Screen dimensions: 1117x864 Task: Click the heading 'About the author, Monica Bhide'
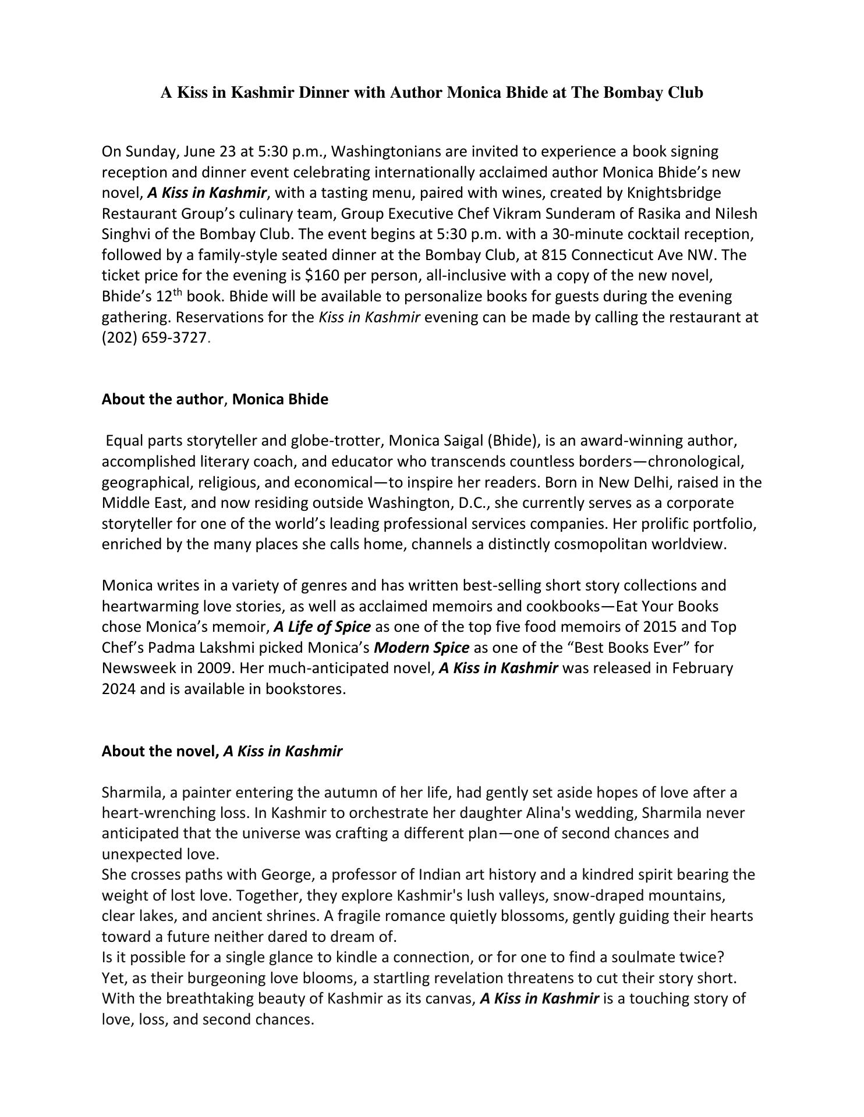coord(215,400)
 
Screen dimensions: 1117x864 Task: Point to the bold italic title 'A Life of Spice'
coord(322,627)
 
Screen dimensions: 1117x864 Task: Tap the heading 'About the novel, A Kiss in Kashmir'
coord(222,752)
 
